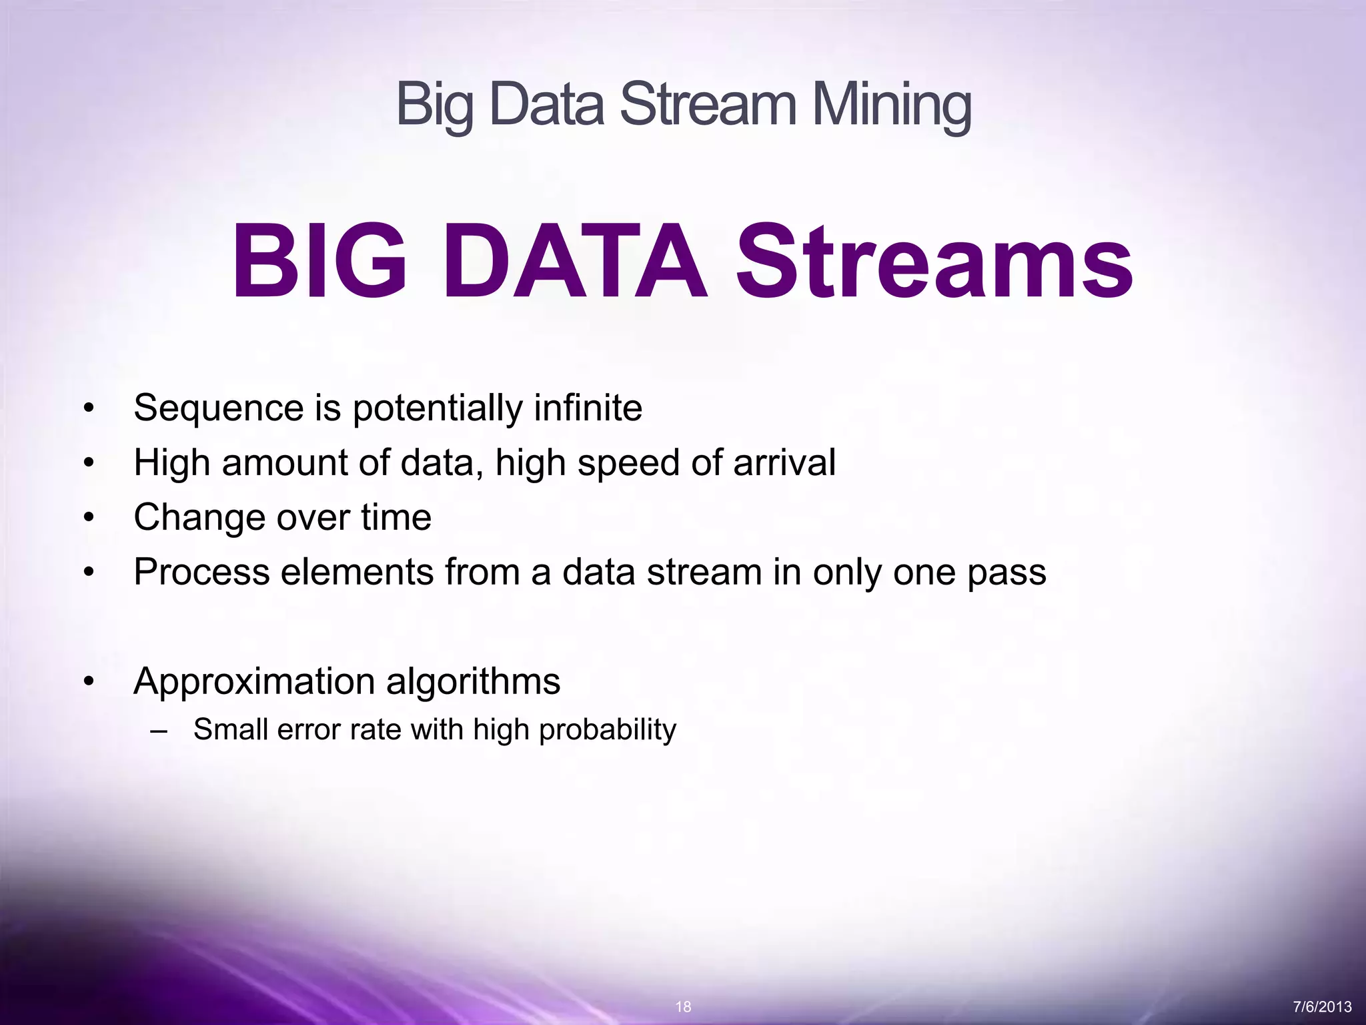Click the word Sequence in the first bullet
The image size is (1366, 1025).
219,408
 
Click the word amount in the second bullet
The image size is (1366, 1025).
284,462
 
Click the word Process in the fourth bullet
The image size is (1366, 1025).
201,572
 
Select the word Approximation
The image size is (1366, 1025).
254,682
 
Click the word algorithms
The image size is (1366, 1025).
473,682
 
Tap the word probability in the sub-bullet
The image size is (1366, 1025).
608,730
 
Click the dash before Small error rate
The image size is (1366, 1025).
159,730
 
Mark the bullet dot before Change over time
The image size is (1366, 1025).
89,518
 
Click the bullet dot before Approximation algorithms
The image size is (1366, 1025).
89,682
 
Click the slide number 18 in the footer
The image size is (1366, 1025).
683,1007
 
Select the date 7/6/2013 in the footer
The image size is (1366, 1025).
1322,1007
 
